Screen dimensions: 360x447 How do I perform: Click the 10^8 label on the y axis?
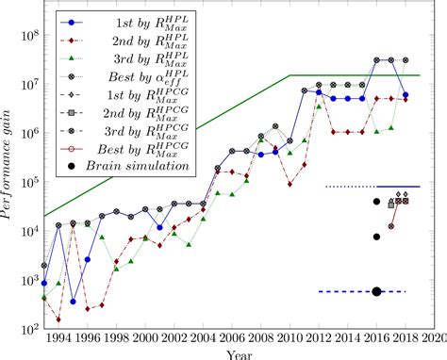pyautogui.click(x=27, y=36)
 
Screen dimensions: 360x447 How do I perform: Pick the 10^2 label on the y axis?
pyautogui.click(x=27, y=329)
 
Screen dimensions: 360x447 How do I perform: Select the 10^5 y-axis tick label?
pyautogui.click(x=27, y=183)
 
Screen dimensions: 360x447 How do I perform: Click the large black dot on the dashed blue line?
pyautogui.click(x=376, y=291)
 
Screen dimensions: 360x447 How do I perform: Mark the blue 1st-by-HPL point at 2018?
pyautogui.click(x=406, y=94)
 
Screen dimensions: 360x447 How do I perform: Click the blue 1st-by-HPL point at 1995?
pyautogui.click(x=73, y=302)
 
